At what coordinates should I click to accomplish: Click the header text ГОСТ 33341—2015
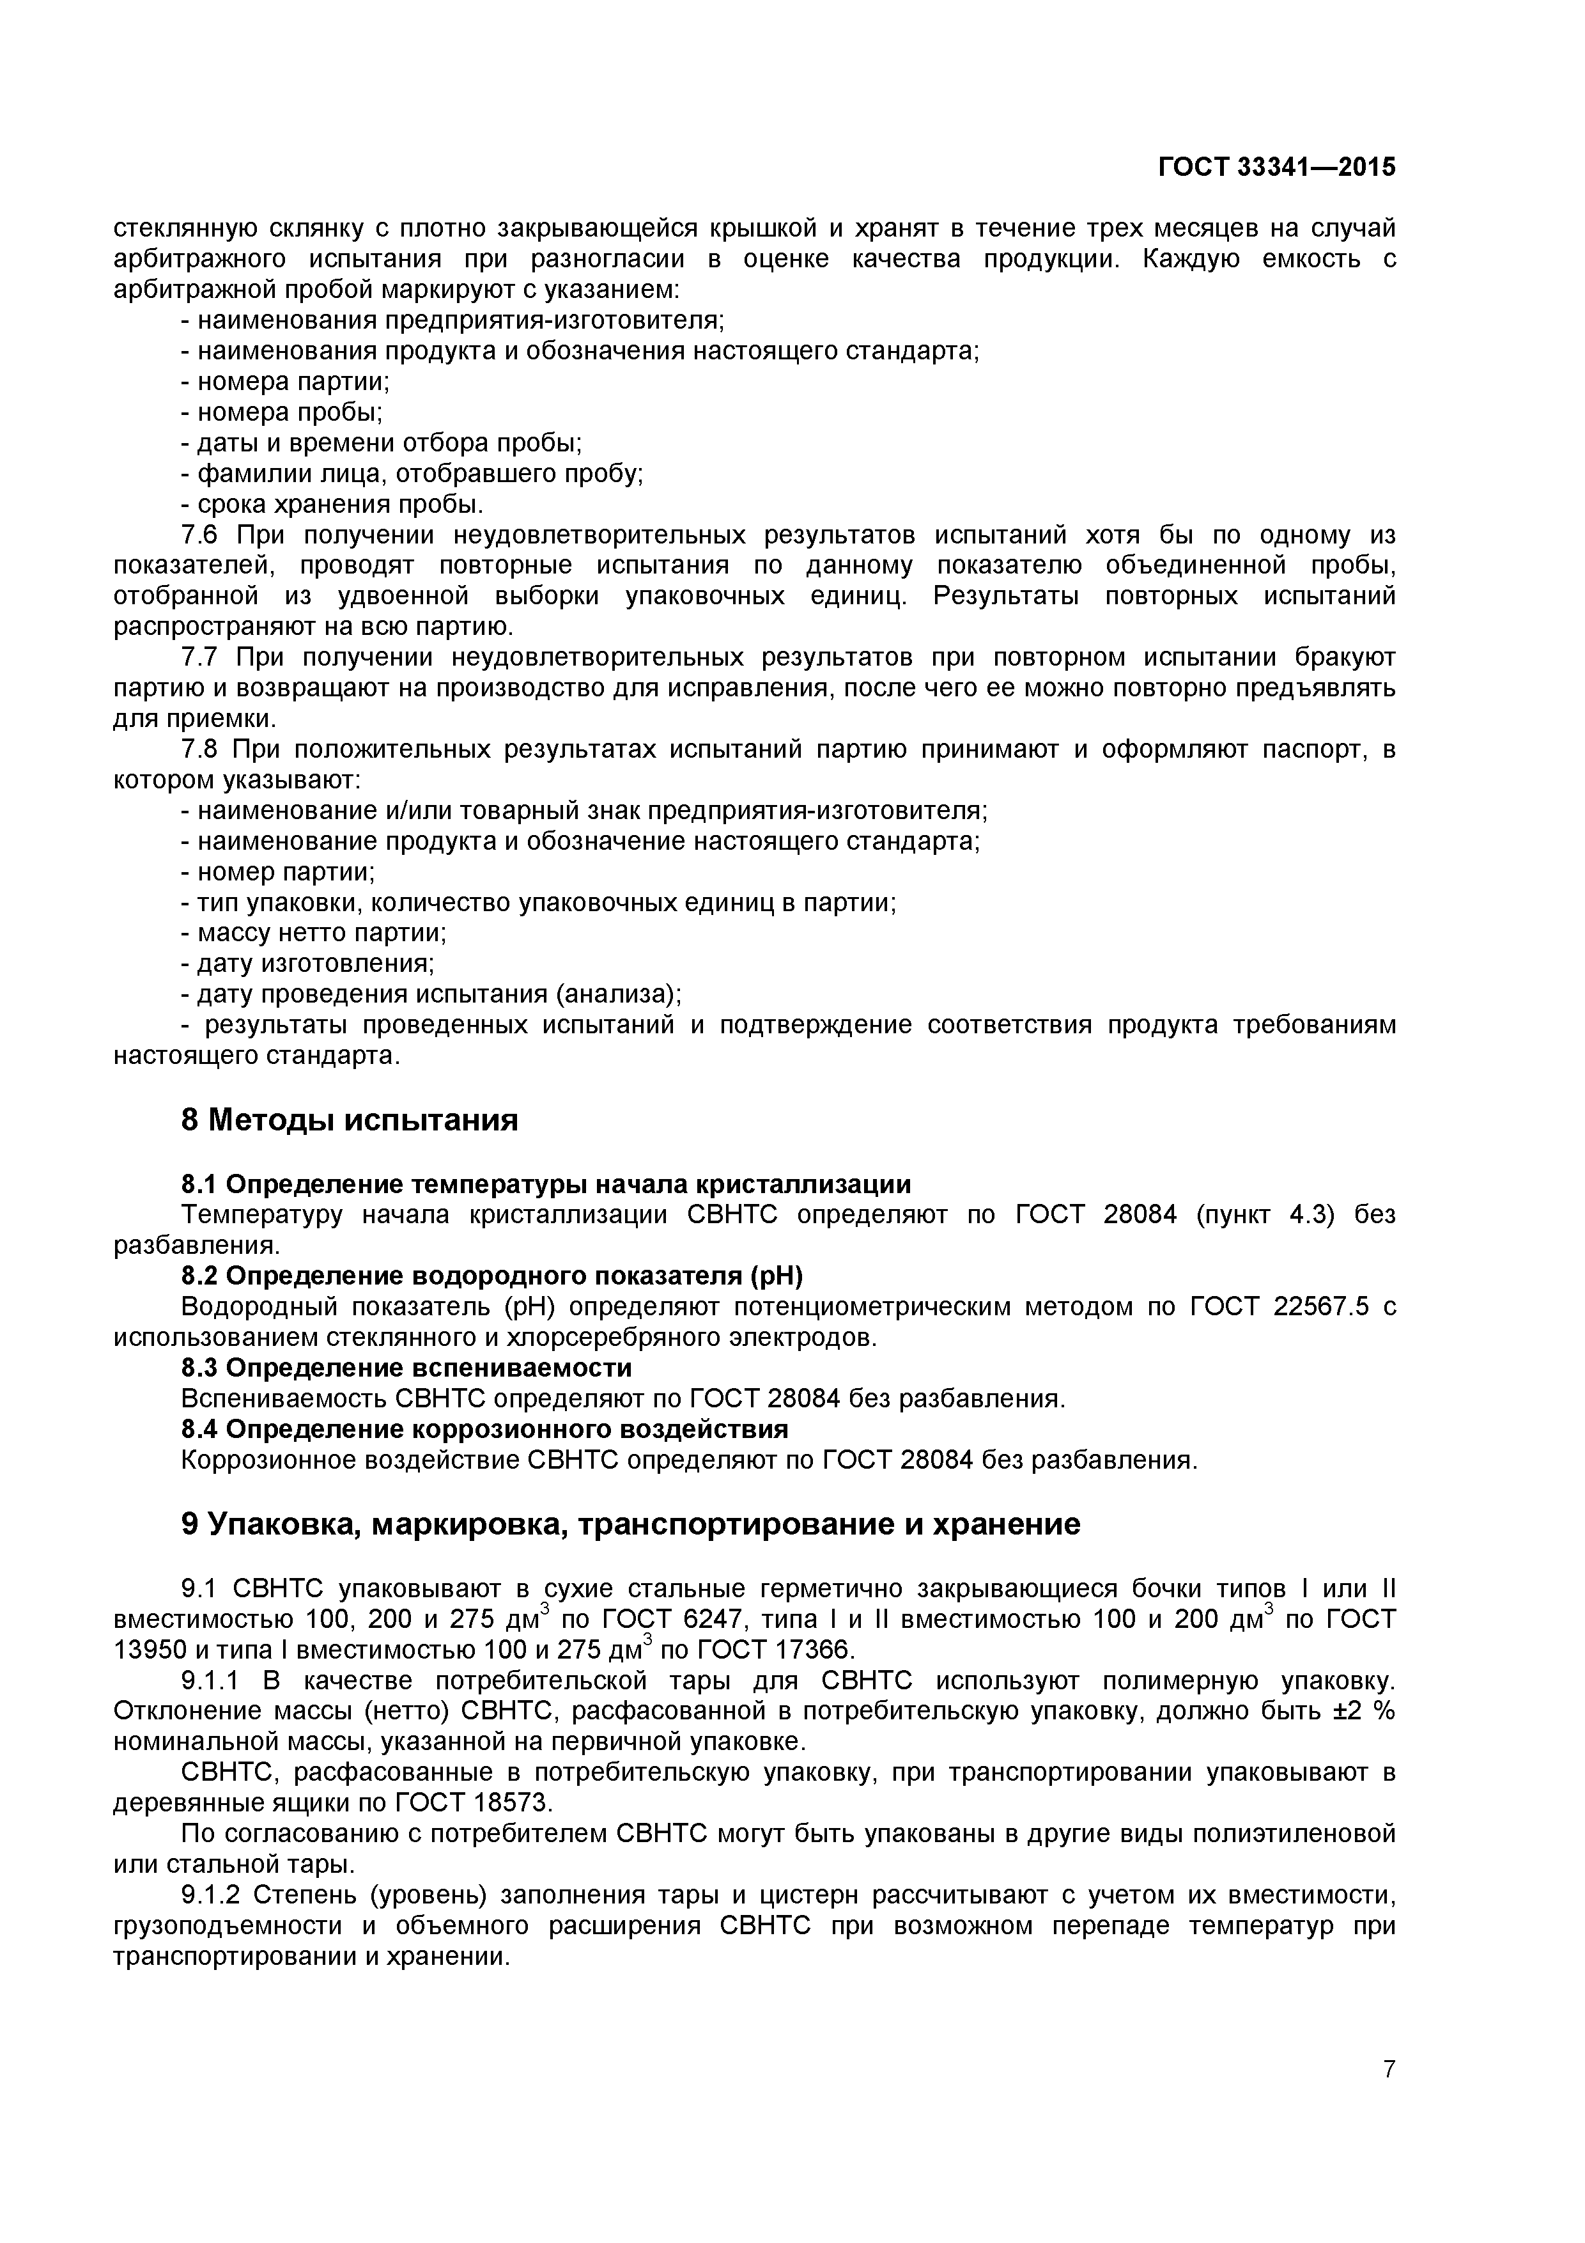coord(1276,167)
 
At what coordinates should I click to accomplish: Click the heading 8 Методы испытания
coord(350,1120)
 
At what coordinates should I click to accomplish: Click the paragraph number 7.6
coord(203,535)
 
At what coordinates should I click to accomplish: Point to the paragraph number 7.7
coord(203,657)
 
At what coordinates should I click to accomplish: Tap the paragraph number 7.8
coord(203,749)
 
